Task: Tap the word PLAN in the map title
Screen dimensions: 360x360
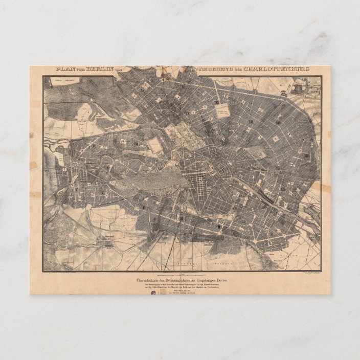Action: pyautogui.click(x=66, y=69)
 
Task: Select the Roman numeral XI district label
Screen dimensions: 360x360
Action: pyautogui.click(x=217, y=103)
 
